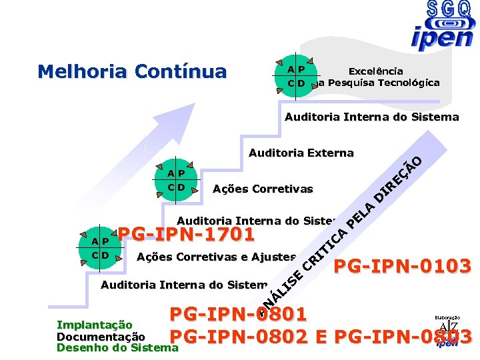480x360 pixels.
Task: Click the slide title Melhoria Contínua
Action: click(132, 71)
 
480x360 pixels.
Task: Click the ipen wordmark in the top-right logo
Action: click(442, 38)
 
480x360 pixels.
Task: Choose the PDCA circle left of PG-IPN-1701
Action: click(101, 247)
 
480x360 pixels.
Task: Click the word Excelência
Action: click(375, 71)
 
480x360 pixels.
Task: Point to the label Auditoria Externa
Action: click(301, 153)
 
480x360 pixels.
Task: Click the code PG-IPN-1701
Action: click(186, 235)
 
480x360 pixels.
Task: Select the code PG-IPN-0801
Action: click(238, 314)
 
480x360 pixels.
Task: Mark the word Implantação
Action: click(94, 325)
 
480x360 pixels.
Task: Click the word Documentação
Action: click(101, 337)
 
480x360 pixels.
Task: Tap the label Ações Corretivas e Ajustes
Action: click(215, 257)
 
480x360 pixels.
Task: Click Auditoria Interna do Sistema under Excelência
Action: click(371, 117)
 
